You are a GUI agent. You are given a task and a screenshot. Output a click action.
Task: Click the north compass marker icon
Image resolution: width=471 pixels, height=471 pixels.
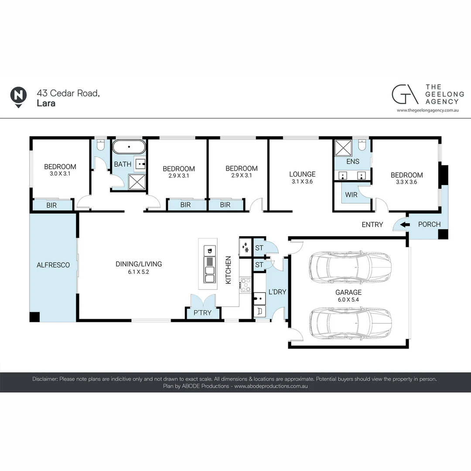point(18,97)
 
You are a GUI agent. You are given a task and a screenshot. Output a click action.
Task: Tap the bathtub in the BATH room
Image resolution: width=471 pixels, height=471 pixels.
point(129,147)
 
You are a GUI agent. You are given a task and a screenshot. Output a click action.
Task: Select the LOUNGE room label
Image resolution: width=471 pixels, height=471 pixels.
point(302,174)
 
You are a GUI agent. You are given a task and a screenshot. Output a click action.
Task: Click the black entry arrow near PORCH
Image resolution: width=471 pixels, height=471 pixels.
point(405,225)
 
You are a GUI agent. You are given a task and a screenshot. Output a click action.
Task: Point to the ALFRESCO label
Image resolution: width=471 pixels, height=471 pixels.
point(53,265)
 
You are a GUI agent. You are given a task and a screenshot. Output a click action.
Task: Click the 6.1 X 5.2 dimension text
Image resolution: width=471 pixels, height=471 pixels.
point(139,272)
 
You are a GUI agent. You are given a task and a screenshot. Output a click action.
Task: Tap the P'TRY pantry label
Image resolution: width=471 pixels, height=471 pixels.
point(202,313)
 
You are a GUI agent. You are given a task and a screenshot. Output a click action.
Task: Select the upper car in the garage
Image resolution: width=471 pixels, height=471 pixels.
point(351,267)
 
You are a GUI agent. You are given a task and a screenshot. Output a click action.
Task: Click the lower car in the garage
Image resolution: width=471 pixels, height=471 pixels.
point(351,322)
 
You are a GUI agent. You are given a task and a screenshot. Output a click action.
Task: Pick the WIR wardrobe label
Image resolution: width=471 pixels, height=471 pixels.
point(351,195)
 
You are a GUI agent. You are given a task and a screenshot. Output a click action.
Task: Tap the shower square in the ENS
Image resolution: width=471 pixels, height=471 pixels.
point(343,148)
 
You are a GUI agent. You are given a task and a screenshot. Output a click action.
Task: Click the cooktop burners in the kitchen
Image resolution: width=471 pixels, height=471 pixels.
point(246,285)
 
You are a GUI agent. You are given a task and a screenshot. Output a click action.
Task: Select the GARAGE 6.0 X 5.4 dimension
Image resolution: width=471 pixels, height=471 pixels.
point(348,300)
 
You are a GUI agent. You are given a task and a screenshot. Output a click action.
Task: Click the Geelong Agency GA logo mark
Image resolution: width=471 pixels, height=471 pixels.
point(405,94)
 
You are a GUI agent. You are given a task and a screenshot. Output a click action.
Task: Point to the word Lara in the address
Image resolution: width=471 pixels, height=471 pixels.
point(46,103)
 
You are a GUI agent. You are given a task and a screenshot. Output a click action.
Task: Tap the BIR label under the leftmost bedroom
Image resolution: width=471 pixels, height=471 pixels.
point(51,205)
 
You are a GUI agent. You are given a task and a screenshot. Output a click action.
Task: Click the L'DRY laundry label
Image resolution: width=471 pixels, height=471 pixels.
point(277,292)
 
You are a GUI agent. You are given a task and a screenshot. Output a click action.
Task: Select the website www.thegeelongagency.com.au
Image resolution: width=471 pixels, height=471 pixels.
point(428,110)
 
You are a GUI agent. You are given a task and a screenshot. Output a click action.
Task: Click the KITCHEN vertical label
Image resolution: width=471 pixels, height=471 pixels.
point(228,270)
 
